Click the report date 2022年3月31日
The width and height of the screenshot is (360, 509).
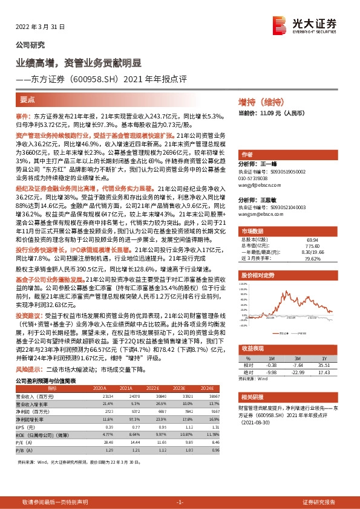pyautogui.click(x=38, y=27)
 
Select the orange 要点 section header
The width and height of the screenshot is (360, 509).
pyautogui.click(x=27, y=100)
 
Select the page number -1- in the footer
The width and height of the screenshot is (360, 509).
pyautogui.click(x=180, y=502)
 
